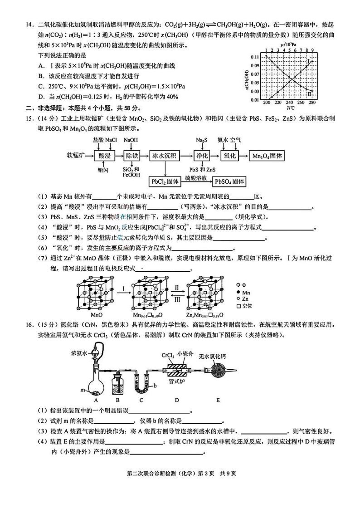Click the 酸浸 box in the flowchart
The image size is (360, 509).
104,156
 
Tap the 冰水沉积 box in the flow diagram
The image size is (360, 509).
163,156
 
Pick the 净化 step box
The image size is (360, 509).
201,156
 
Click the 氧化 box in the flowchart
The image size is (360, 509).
230,156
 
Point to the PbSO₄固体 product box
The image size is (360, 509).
230,181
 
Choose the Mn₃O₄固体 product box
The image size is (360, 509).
268,156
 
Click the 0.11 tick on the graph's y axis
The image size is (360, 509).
255,57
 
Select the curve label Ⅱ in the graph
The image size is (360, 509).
309,93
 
